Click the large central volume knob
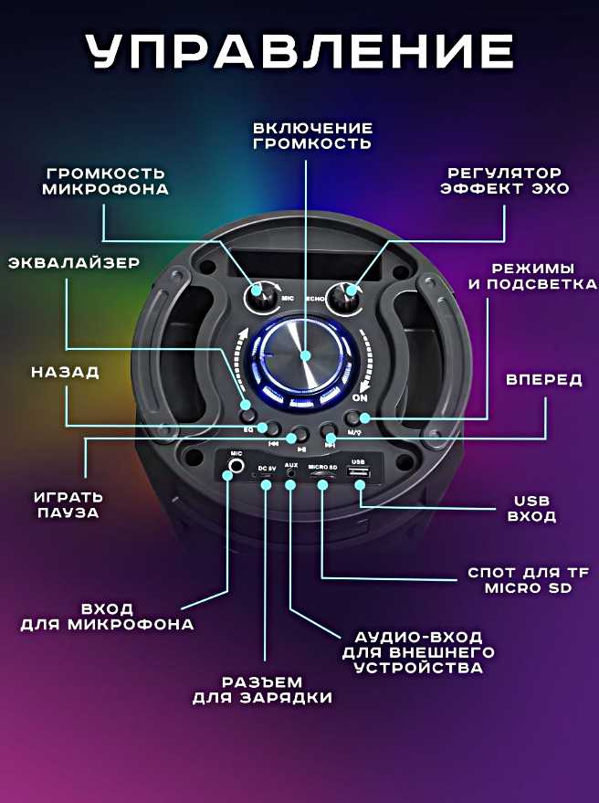click(x=303, y=356)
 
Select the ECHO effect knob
click(x=345, y=295)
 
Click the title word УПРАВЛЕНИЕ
click(x=299, y=51)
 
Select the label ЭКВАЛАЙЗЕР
click(x=74, y=263)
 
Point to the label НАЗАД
click(x=66, y=373)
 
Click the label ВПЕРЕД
click(x=544, y=380)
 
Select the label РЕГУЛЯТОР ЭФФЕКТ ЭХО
click(x=504, y=181)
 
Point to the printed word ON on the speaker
click(x=360, y=398)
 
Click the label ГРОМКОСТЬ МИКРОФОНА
click(x=106, y=181)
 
